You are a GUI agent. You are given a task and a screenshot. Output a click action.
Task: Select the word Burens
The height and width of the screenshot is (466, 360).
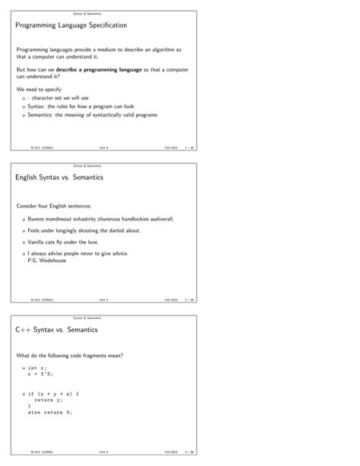pos(37,218)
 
